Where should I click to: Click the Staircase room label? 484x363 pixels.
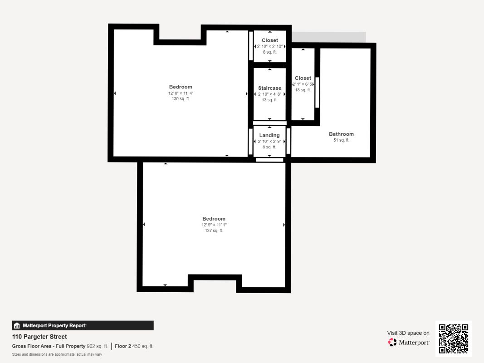point(269,88)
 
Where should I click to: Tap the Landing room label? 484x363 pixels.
point(269,135)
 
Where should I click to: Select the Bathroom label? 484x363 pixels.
point(341,134)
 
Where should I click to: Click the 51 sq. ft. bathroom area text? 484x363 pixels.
point(341,140)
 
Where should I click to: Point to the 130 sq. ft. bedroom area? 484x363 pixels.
point(181,99)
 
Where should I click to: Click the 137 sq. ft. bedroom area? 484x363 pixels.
point(214,231)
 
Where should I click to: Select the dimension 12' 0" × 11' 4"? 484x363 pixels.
point(181,93)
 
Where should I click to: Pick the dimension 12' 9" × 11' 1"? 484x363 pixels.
point(214,225)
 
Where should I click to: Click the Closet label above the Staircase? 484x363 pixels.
point(269,40)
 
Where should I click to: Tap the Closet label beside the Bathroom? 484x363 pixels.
point(303,78)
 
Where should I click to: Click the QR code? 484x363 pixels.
point(454,338)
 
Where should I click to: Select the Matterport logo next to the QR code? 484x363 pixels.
point(409,343)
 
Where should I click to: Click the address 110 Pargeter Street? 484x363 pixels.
point(39,337)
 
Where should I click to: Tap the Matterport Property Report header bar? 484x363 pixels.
point(83,325)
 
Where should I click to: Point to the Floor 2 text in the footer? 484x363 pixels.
point(123,346)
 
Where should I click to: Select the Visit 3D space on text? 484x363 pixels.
point(408,333)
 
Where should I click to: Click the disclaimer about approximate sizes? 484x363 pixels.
point(57,354)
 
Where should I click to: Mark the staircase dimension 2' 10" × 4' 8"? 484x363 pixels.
point(269,94)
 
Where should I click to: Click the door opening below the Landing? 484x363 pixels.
point(269,160)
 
